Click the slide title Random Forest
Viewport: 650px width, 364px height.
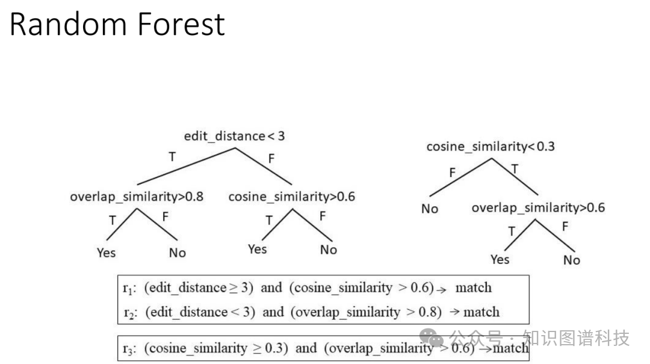pyautogui.click(x=117, y=24)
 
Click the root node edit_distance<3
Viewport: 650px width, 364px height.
pyautogui.click(x=234, y=136)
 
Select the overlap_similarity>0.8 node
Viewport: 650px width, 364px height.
pyautogui.click(x=137, y=196)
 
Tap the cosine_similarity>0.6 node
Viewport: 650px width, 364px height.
pyautogui.click(x=291, y=196)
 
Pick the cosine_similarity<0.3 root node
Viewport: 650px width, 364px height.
pyautogui.click(x=491, y=146)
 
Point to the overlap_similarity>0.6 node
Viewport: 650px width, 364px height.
pyautogui.click(x=538, y=208)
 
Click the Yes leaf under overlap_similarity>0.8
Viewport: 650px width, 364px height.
pyautogui.click(x=106, y=253)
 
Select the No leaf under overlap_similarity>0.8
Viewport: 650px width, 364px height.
pyautogui.click(x=178, y=253)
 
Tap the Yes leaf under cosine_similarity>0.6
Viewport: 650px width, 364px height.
pyautogui.click(x=257, y=249)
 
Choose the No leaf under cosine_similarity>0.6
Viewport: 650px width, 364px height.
pyautogui.click(x=329, y=249)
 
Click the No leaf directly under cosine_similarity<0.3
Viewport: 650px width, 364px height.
pyautogui.click(x=430, y=209)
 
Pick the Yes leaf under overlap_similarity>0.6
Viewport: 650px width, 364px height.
pyautogui.click(x=500, y=259)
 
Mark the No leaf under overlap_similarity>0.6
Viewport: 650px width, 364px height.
pyautogui.click(x=572, y=260)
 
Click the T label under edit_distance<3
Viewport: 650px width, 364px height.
pyautogui.click(x=172, y=157)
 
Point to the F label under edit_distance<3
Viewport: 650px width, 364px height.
pyautogui.click(x=271, y=158)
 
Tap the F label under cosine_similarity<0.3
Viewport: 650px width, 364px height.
pyautogui.click(x=453, y=174)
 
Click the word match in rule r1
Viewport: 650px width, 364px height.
pyautogui.click(x=473, y=287)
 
